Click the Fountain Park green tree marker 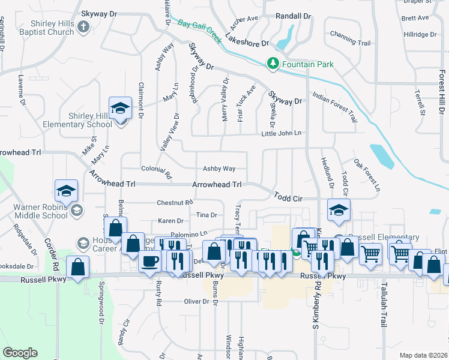[x=273, y=63]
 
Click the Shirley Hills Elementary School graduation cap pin [x=120, y=109]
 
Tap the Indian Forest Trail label [x=335, y=104]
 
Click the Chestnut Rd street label [x=175, y=203]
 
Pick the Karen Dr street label [x=170, y=221]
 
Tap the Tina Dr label [x=206, y=214]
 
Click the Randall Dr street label [x=293, y=16]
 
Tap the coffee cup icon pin [x=149, y=262]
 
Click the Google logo [x=20, y=353]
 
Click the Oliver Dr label [x=196, y=301]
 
